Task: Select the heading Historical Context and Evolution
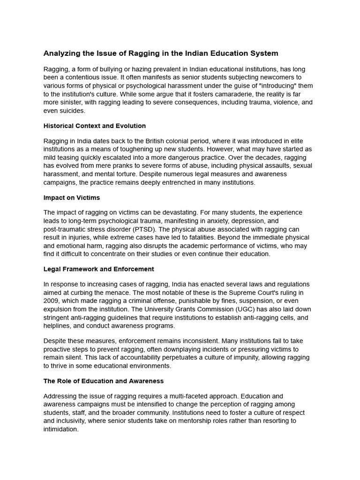(x=94, y=126)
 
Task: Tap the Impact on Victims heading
(x=71, y=198)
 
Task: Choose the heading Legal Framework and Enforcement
(x=98, y=269)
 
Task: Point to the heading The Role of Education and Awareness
(x=103, y=381)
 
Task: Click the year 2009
(x=51, y=300)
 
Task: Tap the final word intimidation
(x=60, y=429)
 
